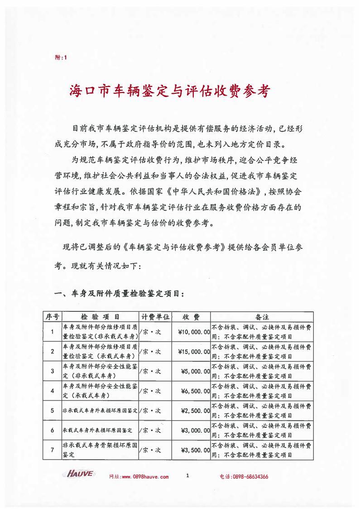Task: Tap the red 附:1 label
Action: [60, 58]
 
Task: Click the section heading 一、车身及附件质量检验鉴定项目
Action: [119, 294]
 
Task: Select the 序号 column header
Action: [51, 316]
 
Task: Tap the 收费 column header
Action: [191, 316]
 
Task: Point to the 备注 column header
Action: [262, 316]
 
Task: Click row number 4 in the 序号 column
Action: [53, 391]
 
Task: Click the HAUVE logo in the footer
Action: [80, 474]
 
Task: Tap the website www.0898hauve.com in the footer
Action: [139, 477]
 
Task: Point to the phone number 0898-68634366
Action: [244, 477]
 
